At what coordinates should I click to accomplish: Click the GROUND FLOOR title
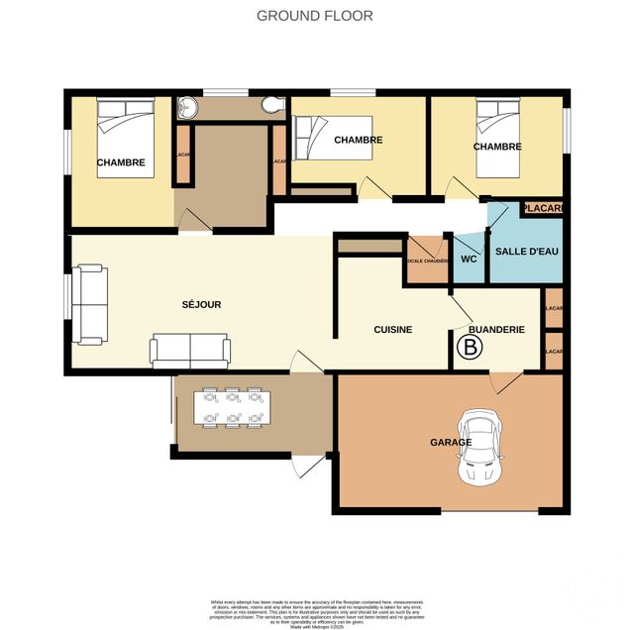click(315, 15)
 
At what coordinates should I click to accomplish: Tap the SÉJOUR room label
click(201, 304)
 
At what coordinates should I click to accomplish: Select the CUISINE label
click(392, 329)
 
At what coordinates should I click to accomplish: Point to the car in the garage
click(481, 449)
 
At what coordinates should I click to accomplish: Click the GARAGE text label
click(450, 442)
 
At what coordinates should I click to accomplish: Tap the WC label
click(470, 259)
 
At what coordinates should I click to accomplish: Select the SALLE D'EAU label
click(527, 252)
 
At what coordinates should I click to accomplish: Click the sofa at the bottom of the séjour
click(190, 350)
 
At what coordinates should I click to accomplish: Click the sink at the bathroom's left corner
click(185, 110)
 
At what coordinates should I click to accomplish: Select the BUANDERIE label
click(496, 329)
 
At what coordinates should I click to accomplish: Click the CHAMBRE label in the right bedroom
click(497, 147)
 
